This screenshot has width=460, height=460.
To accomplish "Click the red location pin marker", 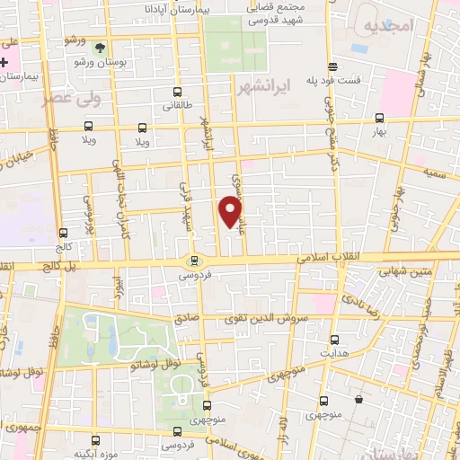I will click(231, 210).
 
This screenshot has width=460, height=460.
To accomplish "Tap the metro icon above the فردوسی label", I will click(193, 261).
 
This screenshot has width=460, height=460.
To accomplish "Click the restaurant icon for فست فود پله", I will click(333, 67).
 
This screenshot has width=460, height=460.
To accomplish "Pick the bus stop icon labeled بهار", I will click(379, 118).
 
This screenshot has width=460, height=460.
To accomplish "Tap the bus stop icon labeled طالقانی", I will click(176, 92).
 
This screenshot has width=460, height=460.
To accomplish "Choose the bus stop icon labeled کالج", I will click(61, 234).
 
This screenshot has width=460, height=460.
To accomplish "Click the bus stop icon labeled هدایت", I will click(334, 340).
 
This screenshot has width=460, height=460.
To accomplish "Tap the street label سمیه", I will click(436, 170).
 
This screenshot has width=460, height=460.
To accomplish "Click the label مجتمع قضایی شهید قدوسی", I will click(270, 13).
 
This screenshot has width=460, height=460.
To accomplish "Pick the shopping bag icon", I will click(358, 398).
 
